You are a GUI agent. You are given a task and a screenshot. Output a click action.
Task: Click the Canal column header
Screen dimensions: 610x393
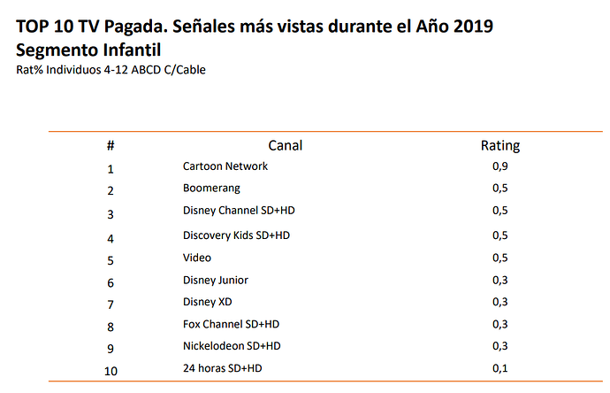coord(286,145)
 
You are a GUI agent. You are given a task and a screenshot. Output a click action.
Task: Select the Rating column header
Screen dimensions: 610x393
coord(500,146)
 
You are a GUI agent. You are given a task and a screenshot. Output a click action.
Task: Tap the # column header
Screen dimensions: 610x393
coord(111,146)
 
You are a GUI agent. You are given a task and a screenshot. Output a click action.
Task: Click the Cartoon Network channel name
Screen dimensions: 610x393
coord(225,166)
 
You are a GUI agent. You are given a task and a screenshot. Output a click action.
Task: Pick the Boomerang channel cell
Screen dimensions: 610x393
coord(211,189)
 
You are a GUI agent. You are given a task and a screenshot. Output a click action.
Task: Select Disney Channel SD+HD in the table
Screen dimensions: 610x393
coord(239,211)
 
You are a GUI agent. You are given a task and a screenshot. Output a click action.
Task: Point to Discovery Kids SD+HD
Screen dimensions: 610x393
coord(237,235)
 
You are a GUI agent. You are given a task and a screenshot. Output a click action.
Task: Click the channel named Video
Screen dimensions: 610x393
coord(197,258)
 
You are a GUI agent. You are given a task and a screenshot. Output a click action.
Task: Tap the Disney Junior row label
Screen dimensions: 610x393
coord(216,281)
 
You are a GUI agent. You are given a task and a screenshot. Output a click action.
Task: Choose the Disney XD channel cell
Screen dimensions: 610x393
coord(208,302)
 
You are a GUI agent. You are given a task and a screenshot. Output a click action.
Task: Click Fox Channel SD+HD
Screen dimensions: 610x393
coord(231,325)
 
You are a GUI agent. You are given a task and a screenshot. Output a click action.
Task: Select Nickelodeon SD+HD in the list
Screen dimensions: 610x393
coord(232,346)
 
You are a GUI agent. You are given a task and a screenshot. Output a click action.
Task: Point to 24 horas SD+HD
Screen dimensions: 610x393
coord(223,368)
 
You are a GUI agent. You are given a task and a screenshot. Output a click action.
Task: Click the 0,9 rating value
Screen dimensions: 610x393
coord(500,166)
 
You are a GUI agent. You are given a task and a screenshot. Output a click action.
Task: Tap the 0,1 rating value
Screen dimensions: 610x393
coord(500,368)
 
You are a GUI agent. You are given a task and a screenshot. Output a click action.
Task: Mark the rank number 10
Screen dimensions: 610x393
coord(111,371)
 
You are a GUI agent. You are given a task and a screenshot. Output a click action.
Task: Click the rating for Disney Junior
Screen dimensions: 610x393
coord(500,281)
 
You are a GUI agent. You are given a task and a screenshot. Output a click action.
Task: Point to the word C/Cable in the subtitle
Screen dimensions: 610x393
coord(185,70)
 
